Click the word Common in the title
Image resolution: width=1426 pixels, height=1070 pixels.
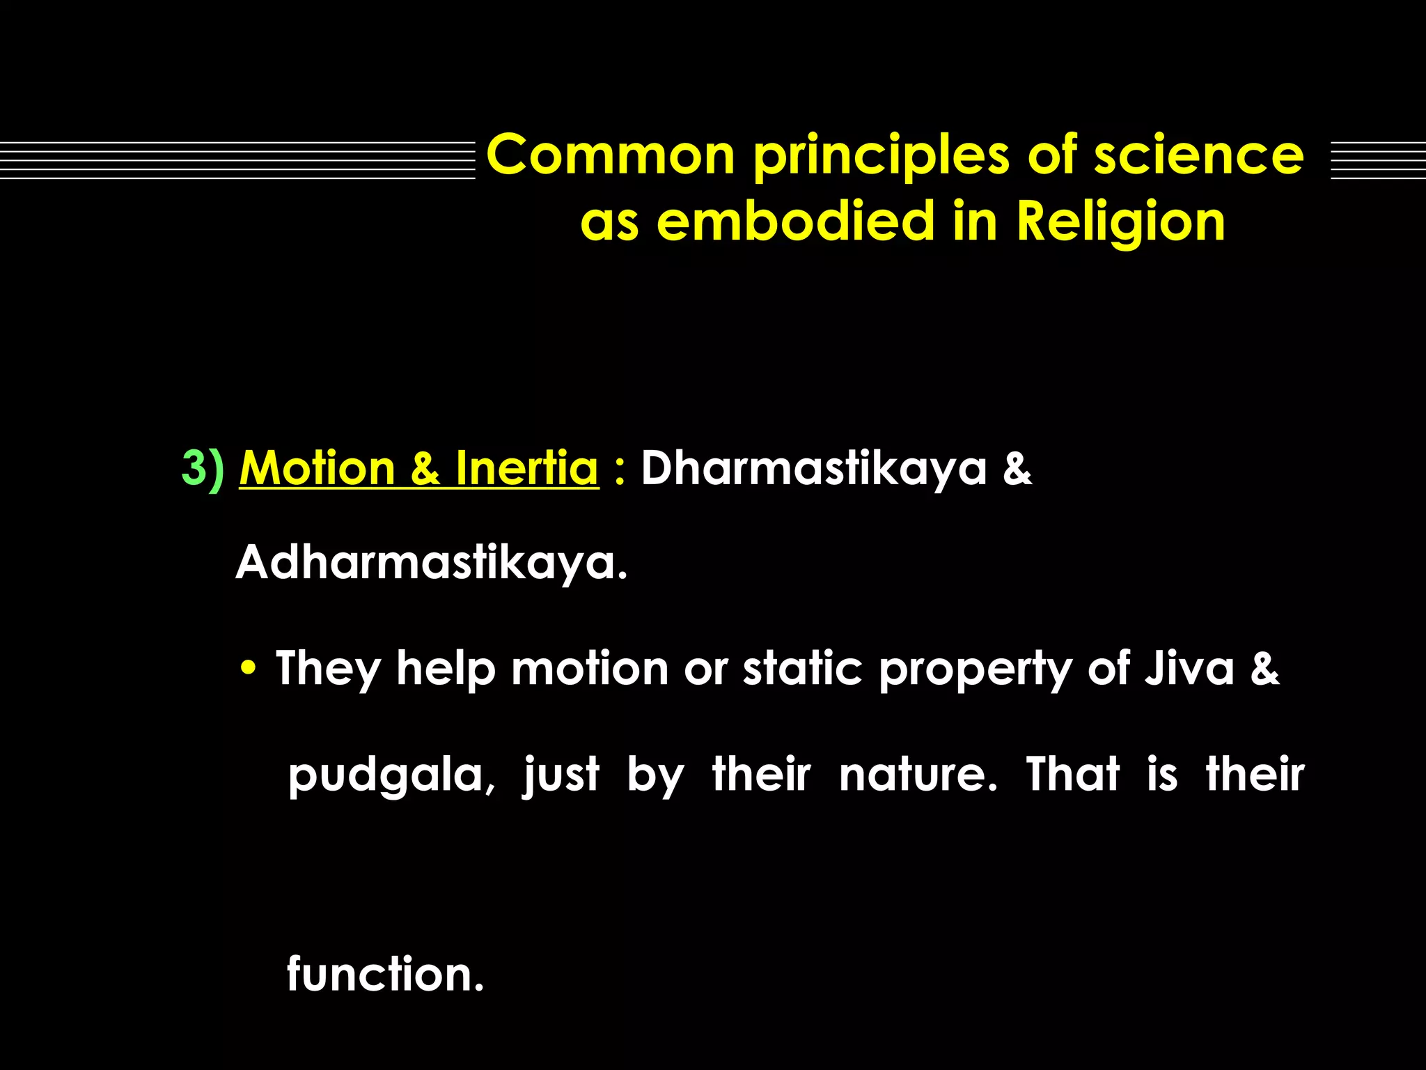[x=611, y=155]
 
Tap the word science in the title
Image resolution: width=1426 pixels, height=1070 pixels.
[x=1198, y=155]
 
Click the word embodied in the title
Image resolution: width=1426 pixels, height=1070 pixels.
[x=795, y=222]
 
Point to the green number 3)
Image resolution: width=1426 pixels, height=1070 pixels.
[x=203, y=468]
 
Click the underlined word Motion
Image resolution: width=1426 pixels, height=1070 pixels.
[x=318, y=468]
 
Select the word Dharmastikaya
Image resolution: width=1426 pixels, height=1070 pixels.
[x=813, y=468]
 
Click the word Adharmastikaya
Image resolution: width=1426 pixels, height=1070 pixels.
[x=431, y=563]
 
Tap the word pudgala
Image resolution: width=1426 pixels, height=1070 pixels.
[x=391, y=775]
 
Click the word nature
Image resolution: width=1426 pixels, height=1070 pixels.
[x=918, y=775]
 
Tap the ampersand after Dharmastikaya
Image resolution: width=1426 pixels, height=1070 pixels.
[x=1017, y=468]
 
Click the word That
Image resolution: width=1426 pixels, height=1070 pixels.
[x=1073, y=774]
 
